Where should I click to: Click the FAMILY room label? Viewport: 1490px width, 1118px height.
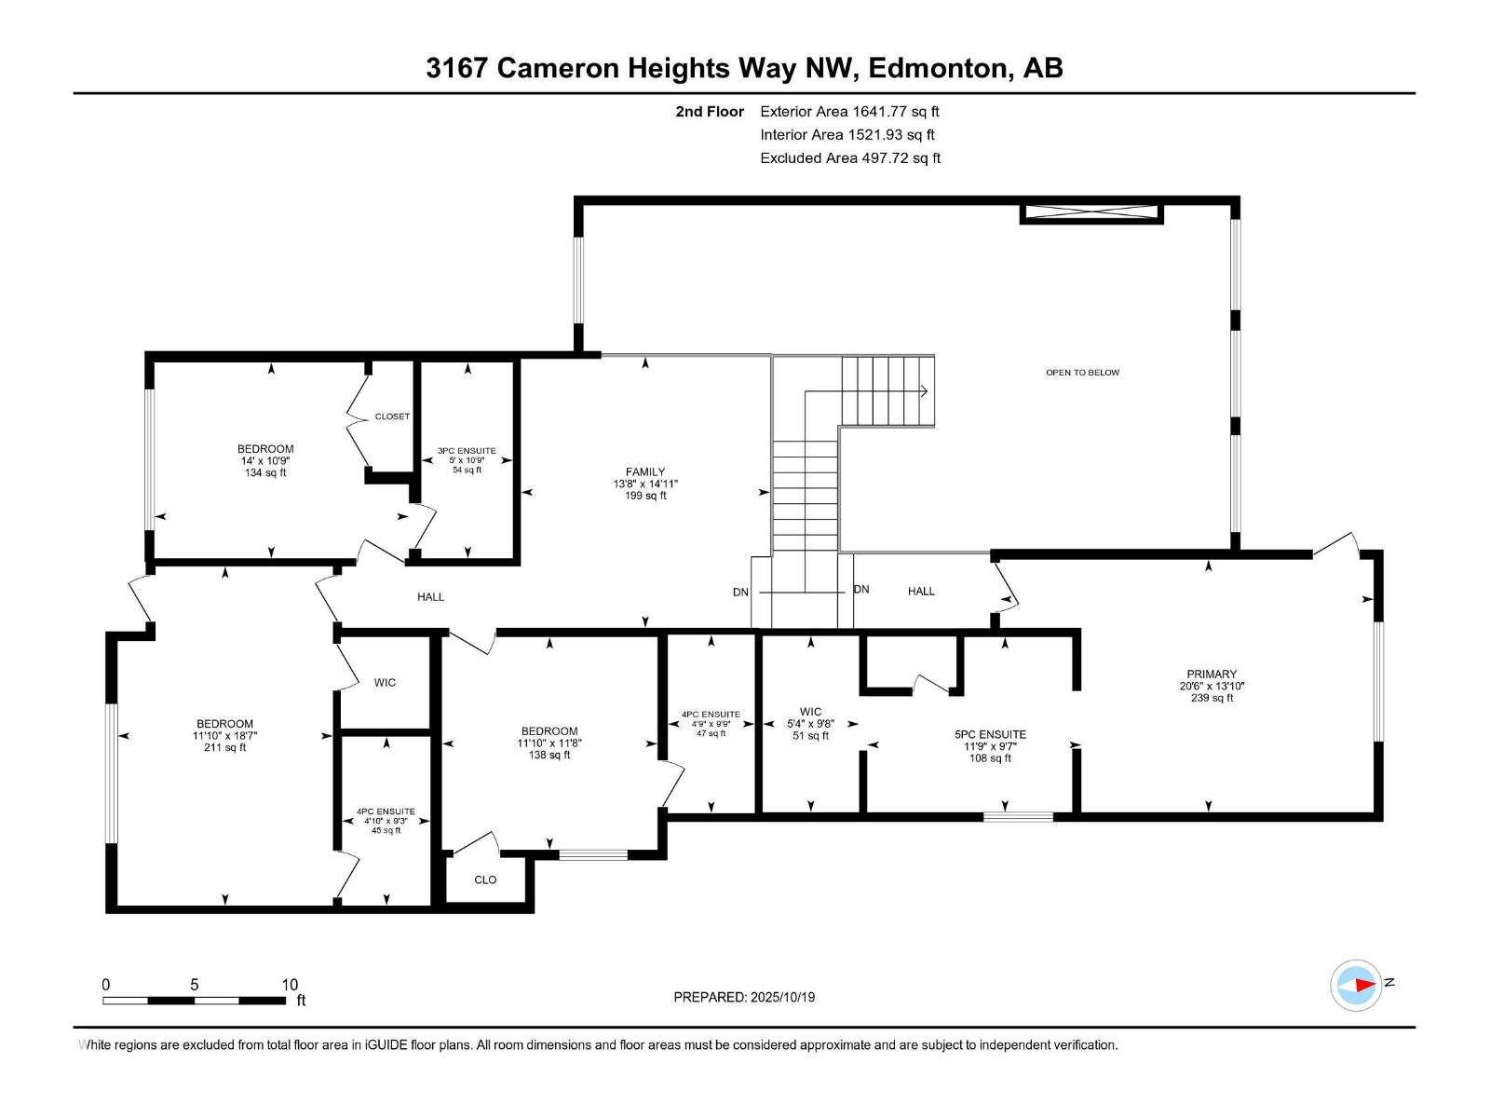pos(645,472)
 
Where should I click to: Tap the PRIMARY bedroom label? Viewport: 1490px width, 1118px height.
pos(1212,674)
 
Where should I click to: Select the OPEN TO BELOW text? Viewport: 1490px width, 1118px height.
pos(1082,373)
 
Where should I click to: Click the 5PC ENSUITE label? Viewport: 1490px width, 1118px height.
pos(990,734)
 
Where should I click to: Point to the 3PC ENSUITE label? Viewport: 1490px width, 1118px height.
pos(467,451)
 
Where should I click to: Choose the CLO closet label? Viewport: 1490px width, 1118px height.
pos(485,879)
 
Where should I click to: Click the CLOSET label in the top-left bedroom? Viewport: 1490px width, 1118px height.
pos(392,416)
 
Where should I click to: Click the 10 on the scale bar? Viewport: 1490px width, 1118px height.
pos(290,985)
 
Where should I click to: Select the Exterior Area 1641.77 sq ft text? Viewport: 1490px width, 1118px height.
pos(849,112)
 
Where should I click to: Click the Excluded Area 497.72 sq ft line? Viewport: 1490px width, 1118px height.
pos(849,158)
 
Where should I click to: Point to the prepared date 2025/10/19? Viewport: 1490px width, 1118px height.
pos(744,997)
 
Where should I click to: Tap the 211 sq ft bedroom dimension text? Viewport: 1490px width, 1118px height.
pos(224,747)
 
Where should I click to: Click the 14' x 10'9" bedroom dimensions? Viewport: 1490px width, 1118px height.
pos(265,461)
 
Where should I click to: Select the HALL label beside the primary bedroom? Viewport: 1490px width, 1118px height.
pos(921,591)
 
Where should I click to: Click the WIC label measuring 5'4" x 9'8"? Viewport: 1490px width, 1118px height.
pos(810,712)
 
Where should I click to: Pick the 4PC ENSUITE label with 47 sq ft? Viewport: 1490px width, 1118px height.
pos(711,715)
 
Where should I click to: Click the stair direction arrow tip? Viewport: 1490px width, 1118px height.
pos(927,391)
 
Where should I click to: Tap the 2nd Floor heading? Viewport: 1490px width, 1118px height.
pos(710,112)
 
